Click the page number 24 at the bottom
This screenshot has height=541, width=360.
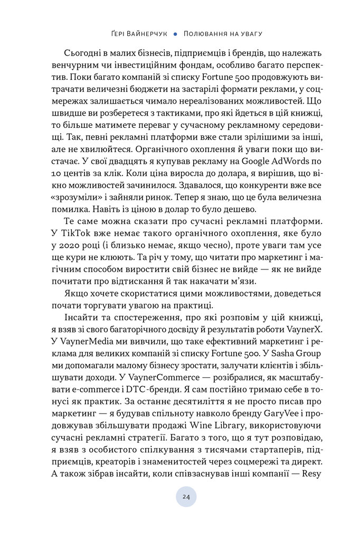186,497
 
